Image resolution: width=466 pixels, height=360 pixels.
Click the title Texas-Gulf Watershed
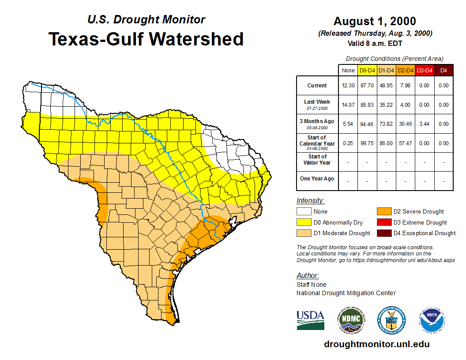point(146,39)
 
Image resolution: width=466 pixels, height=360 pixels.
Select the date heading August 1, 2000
point(375,21)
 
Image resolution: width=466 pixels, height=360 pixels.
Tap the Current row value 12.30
point(348,86)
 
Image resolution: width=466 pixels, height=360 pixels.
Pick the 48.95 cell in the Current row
point(386,86)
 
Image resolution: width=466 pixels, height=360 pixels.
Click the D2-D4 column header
point(405,70)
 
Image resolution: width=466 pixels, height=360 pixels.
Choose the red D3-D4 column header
point(424,70)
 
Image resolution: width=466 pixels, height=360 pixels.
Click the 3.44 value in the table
point(424,124)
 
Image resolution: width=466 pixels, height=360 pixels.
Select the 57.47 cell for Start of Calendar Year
point(405,143)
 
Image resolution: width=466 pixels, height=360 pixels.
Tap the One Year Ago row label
point(317,179)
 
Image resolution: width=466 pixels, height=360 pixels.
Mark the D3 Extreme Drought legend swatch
point(383,222)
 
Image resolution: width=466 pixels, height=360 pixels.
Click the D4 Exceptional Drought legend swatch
point(383,233)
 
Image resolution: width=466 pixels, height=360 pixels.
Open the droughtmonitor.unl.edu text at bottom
point(376,344)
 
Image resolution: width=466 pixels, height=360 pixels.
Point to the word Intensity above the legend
point(310,201)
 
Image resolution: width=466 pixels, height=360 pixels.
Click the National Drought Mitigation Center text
point(346,293)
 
